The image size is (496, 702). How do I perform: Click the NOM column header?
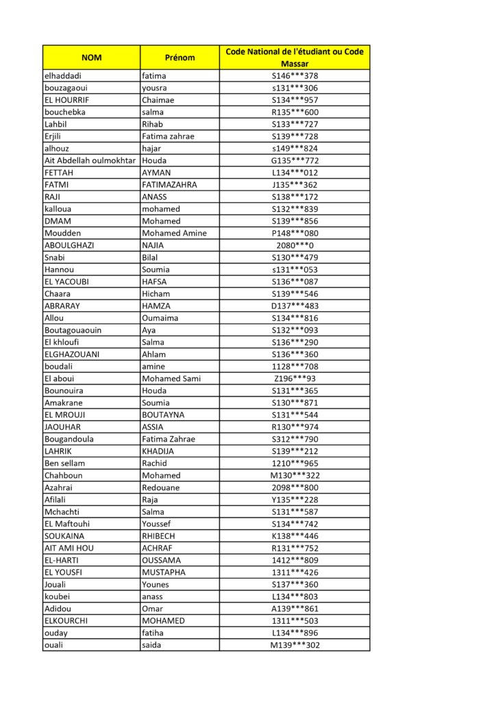[x=91, y=58]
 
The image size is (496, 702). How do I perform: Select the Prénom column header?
[x=179, y=58]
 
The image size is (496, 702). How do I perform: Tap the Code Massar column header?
[x=295, y=58]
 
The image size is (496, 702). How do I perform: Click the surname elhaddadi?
[x=62, y=76]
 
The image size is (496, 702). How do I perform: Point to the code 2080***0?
[x=295, y=245]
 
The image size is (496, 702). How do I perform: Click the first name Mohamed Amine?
[x=174, y=233]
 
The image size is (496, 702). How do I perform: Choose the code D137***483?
[x=295, y=306]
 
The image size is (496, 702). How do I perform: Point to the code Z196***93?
[x=295, y=378]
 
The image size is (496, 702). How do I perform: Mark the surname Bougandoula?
[x=69, y=439]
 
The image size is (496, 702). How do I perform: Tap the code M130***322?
[x=295, y=475]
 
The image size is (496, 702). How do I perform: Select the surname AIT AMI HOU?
[x=69, y=548]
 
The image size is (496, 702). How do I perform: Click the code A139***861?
[x=295, y=608]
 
